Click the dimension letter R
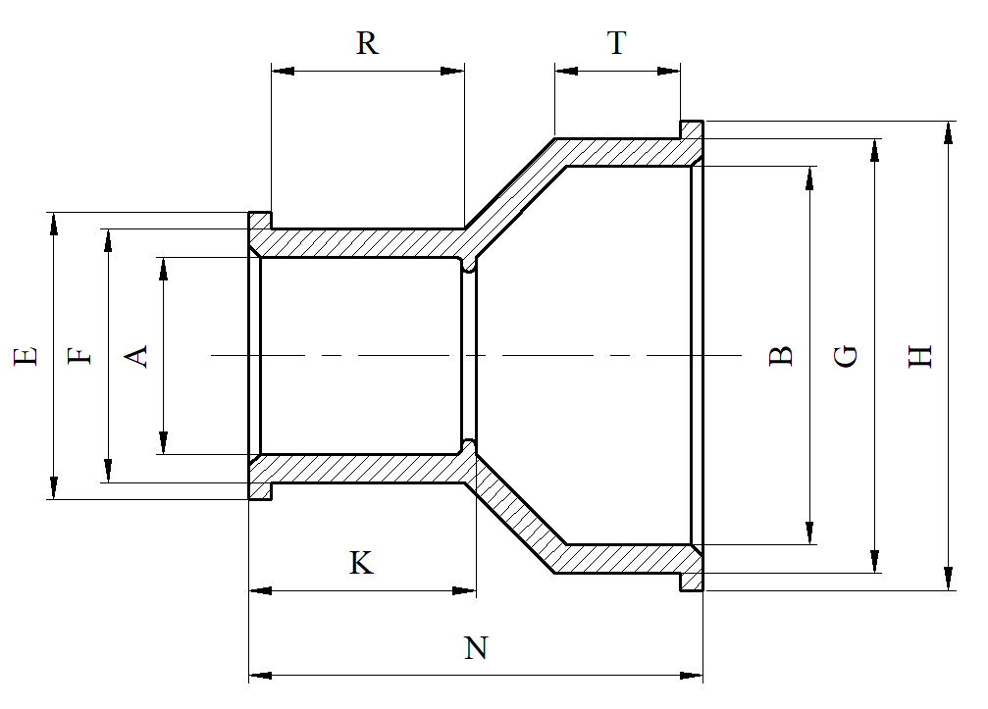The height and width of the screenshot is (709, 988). coord(367,43)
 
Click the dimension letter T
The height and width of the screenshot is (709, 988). coord(616,43)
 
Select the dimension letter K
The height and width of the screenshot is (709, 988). coord(361,563)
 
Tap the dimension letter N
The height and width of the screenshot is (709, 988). coord(476,648)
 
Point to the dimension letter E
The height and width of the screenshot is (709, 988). coord(26,354)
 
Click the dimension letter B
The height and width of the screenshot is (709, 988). coord(780,354)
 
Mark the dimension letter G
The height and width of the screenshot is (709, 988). coord(846,354)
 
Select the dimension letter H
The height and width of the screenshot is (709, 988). coord(919,354)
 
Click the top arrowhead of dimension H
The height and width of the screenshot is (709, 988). coord(948,132)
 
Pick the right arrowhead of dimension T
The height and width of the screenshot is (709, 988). coord(669,71)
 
